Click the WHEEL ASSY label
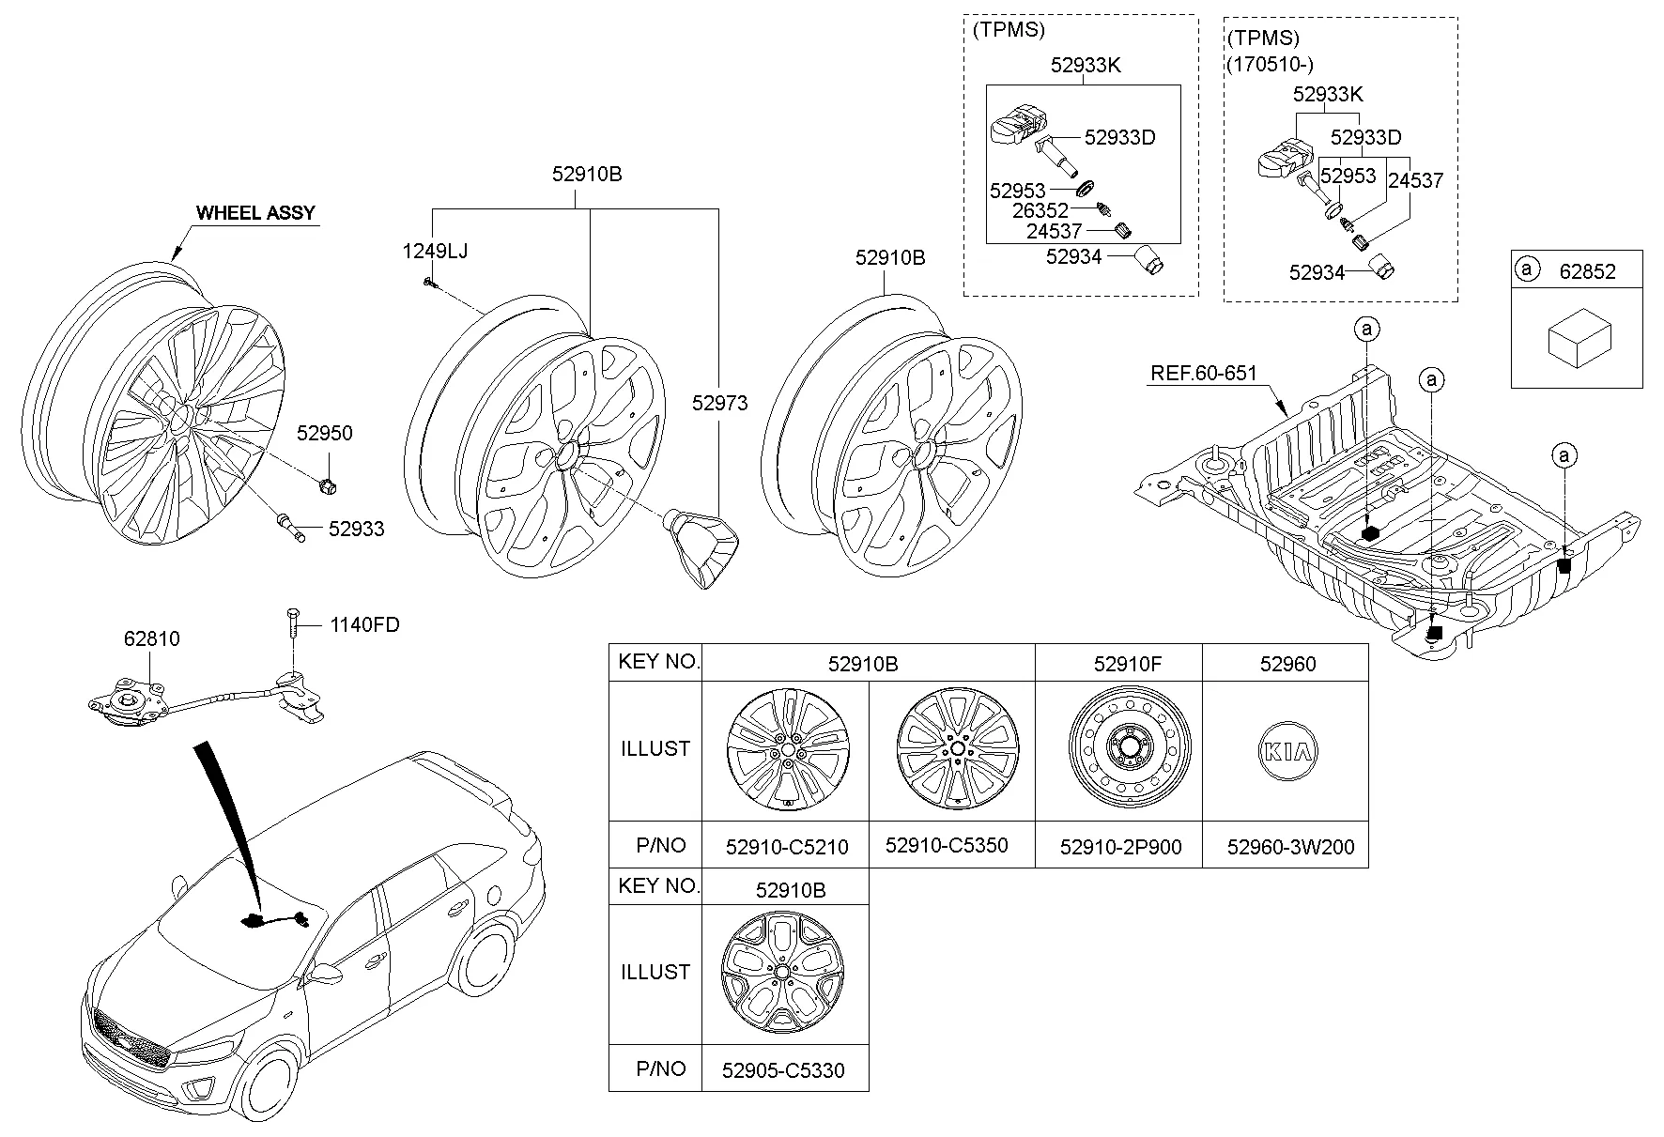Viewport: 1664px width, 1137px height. tap(255, 213)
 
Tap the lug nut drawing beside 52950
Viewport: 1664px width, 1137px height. tap(328, 485)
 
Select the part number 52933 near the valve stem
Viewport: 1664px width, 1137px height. tap(356, 529)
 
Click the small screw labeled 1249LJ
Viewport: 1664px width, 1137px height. tap(428, 281)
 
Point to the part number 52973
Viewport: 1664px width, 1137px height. tap(719, 404)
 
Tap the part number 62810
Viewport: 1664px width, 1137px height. tap(151, 639)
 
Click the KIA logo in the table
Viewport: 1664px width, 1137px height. tap(1287, 751)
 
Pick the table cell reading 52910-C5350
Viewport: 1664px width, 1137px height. tap(947, 845)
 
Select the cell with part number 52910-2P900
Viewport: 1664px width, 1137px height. tap(1120, 847)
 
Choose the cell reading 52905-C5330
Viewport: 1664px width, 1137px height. tap(783, 1070)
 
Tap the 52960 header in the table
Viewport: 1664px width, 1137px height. tap(1287, 664)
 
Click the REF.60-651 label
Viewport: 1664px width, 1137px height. tap(1203, 374)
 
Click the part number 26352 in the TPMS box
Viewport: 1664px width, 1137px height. tap(1040, 211)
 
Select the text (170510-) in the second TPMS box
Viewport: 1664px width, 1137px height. tap(1271, 65)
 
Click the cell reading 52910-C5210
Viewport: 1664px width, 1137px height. tap(787, 847)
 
